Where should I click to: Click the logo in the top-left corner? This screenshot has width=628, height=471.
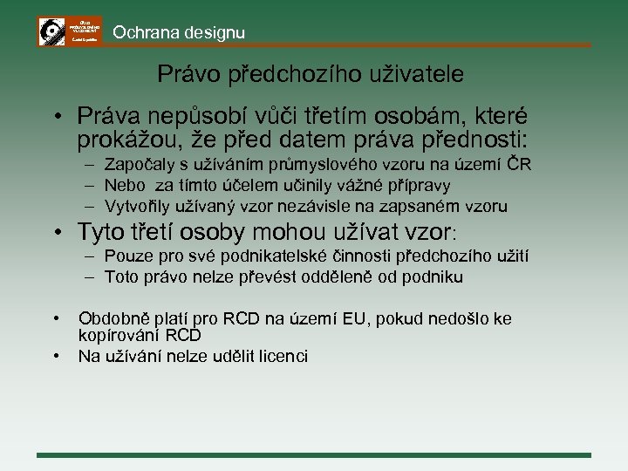(70, 31)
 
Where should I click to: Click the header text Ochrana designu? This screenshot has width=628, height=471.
(179, 33)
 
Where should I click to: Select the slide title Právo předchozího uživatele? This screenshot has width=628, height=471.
(311, 75)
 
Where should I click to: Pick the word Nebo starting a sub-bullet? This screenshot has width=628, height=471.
(124, 186)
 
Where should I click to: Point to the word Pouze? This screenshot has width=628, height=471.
(126, 256)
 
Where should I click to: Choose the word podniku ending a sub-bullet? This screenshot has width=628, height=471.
(433, 277)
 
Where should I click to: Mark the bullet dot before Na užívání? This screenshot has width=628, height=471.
(56, 356)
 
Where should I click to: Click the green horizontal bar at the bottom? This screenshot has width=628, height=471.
(314, 454)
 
